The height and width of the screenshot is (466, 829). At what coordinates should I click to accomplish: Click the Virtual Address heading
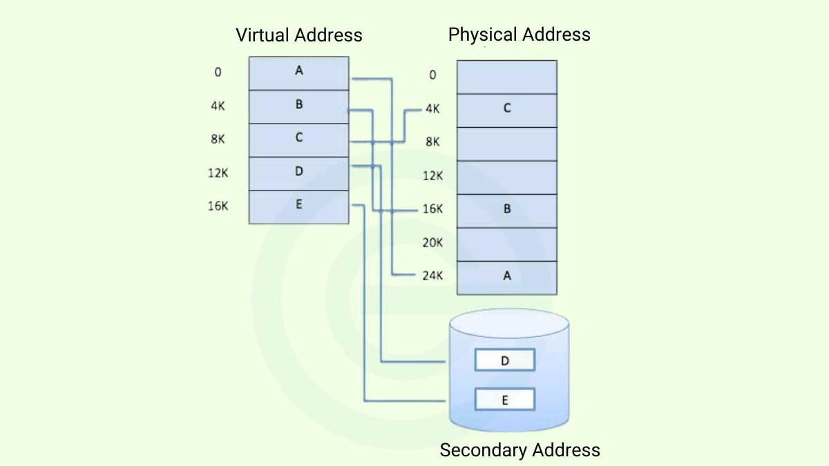click(298, 35)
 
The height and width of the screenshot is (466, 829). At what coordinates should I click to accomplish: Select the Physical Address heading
click(519, 35)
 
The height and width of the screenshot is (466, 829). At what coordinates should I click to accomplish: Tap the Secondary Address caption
click(520, 450)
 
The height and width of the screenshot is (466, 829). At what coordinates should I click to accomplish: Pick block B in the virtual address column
click(298, 105)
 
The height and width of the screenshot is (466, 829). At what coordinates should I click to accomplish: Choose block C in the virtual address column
click(298, 138)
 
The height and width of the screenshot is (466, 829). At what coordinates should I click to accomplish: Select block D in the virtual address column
click(298, 172)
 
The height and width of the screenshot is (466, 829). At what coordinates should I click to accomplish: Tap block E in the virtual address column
click(298, 205)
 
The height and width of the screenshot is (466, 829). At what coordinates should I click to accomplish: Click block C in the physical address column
click(506, 109)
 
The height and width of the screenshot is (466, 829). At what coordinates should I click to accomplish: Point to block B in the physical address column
click(506, 209)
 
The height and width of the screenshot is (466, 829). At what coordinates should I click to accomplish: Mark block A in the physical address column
click(506, 276)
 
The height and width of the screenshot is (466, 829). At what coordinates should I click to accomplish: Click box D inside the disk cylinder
click(504, 360)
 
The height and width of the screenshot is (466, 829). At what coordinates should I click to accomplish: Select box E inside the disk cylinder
click(504, 400)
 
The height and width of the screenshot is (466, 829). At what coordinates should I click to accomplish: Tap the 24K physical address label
click(432, 276)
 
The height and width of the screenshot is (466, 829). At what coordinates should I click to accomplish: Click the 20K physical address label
click(432, 243)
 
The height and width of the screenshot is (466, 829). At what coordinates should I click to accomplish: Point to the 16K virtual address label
click(218, 206)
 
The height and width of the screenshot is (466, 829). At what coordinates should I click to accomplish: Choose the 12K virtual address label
click(218, 173)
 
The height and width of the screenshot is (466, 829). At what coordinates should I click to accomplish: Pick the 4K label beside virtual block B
click(218, 106)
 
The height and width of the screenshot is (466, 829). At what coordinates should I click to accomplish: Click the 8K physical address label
click(432, 142)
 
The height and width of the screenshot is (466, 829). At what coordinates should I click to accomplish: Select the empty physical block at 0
click(506, 77)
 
